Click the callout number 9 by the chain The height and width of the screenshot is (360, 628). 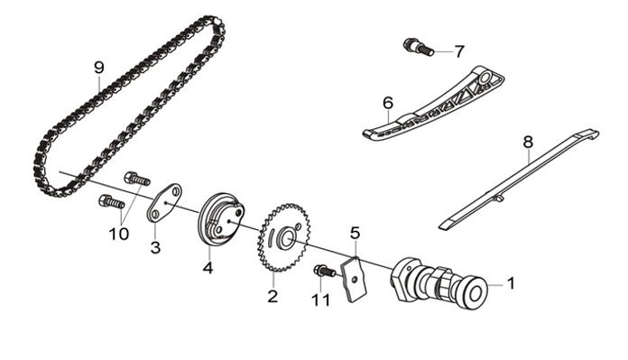[x=99, y=68]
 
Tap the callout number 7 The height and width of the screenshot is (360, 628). [x=459, y=51]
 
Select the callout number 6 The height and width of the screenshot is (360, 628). [x=388, y=103]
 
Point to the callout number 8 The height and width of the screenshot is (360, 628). [x=528, y=142]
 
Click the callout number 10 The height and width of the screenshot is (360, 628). [x=119, y=234]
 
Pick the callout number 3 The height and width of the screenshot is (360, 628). [x=155, y=247]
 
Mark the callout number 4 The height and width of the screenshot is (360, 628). [x=208, y=267]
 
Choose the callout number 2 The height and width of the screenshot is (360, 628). [x=272, y=296]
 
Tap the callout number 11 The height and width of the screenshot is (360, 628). [x=321, y=300]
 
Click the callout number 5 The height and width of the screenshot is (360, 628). [x=356, y=232]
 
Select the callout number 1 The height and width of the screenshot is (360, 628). [x=511, y=283]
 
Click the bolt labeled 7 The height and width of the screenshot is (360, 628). [x=419, y=47]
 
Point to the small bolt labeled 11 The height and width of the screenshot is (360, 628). [x=325, y=271]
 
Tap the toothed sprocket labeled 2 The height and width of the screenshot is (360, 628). [x=283, y=237]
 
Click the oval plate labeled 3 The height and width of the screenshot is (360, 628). [x=164, y=203]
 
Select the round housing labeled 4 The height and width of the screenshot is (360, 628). [x=221, y=220]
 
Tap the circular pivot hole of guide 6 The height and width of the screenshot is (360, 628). [x=485, y=76]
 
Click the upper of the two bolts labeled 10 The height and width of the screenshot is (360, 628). [x=137, y=179]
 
